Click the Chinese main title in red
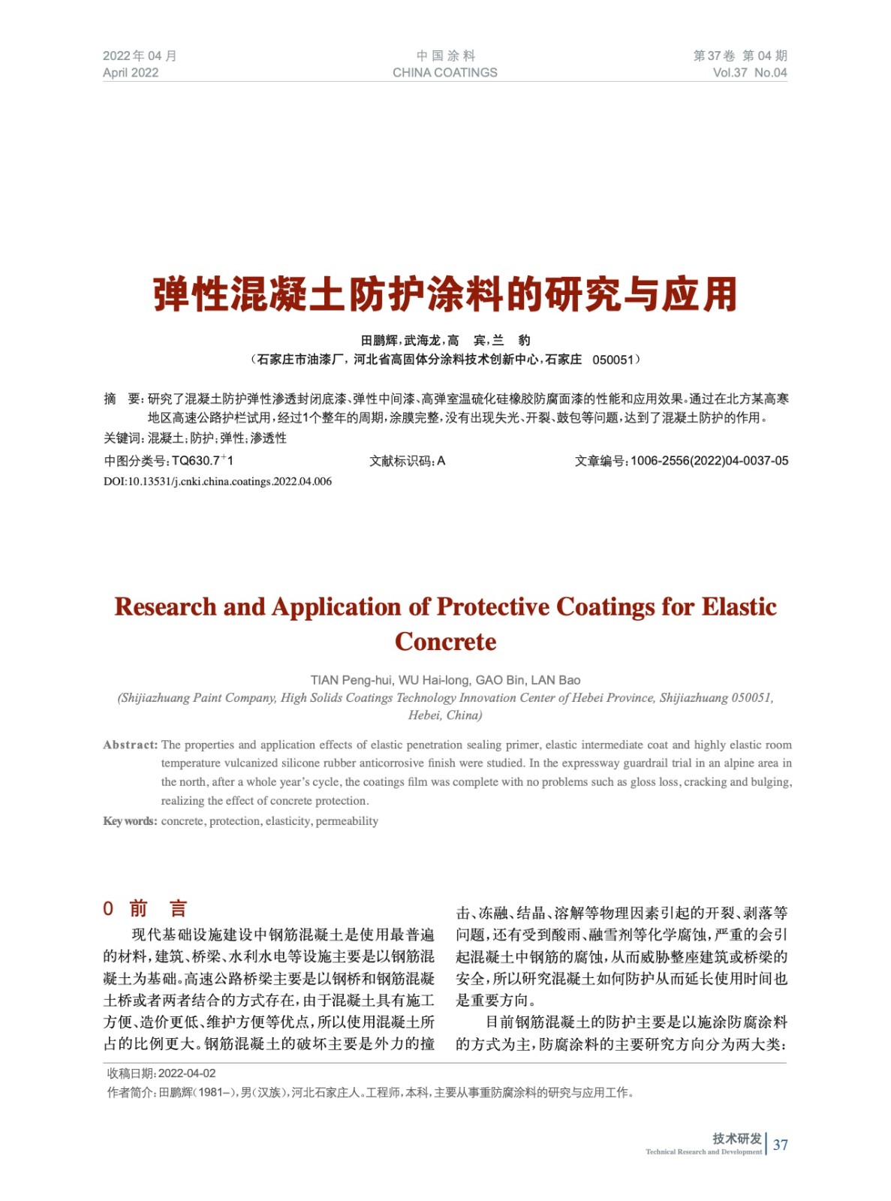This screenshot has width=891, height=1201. point(445,294)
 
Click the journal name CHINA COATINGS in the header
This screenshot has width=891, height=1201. point(444,73)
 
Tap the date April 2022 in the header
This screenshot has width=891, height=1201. point(131,73)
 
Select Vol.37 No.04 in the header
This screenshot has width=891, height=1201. point(749,73)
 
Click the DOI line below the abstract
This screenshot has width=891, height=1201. point(218,481)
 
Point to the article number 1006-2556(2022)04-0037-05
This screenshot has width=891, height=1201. point(709,461)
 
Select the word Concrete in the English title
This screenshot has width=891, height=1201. point(445,642)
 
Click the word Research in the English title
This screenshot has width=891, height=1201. point(165,607)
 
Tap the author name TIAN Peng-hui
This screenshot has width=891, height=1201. point(351,680)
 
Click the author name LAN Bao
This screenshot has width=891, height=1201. point(555,680)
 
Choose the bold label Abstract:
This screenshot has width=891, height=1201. point(131,745)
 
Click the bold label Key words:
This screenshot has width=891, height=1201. point(130,821)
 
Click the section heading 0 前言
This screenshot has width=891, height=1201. point(145,908)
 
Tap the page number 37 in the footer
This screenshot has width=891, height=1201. point(781,1145)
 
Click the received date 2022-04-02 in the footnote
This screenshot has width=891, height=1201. point(187,1073)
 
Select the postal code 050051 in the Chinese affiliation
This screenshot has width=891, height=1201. point(613,360)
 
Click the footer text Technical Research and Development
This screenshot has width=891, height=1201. point(703,1151)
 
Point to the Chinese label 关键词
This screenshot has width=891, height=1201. point(122,438)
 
